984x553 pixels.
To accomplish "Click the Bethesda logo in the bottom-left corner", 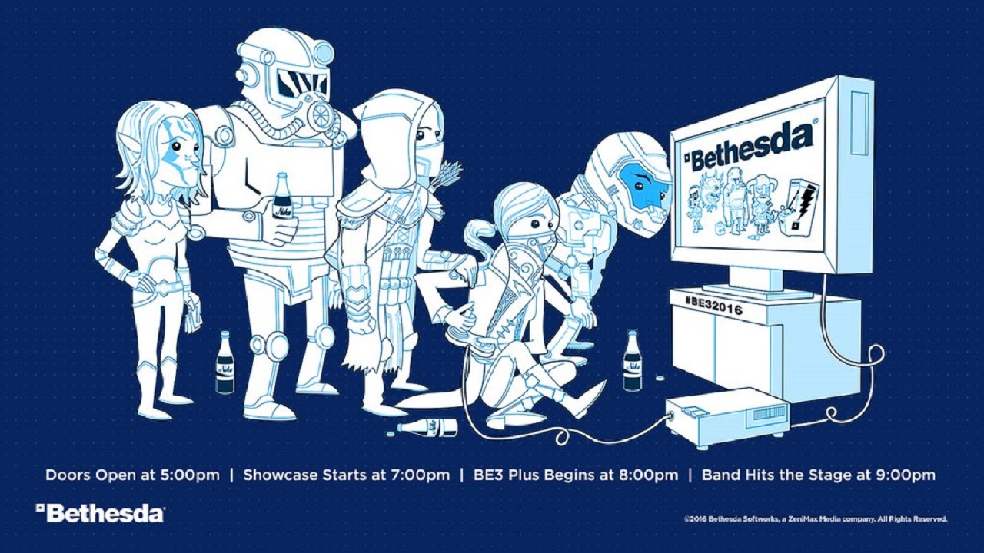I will pos(100,513).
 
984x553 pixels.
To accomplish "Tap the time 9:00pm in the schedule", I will pos(903,475).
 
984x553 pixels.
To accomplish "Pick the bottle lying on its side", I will pos(427,427).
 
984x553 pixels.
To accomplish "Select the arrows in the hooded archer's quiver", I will pos(450,173).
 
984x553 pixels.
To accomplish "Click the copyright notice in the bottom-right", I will pos(815,520).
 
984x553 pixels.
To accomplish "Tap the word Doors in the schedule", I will pos(68,475).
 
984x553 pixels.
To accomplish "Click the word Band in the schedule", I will pos(722,475).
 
